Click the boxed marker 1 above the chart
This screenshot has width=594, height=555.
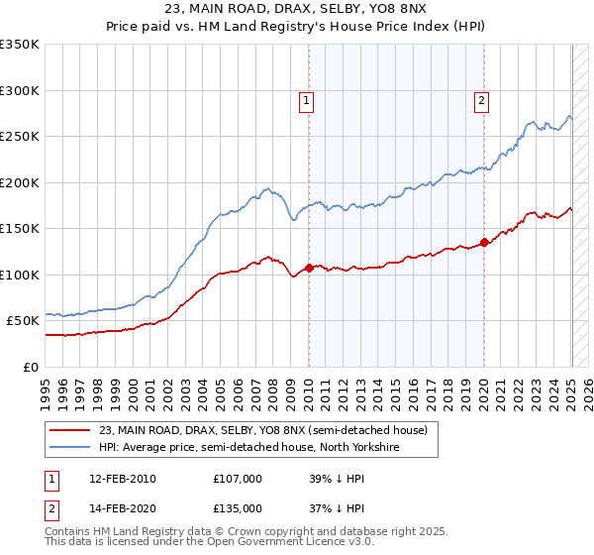point(307,99)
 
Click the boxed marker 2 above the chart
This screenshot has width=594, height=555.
point(481,99)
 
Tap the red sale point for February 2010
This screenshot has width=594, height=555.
point(309,268)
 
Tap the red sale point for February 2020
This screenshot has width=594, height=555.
point(484,242)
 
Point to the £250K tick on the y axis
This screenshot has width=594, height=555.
point(21,136)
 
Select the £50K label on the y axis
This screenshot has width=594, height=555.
point(24,320)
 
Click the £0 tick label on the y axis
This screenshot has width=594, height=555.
point(31,367)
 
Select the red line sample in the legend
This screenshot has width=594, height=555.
point(70,430)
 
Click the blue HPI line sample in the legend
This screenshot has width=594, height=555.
point(70,448)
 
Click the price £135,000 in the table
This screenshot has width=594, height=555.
point(238,507)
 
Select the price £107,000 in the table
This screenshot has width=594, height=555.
point(238,478)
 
